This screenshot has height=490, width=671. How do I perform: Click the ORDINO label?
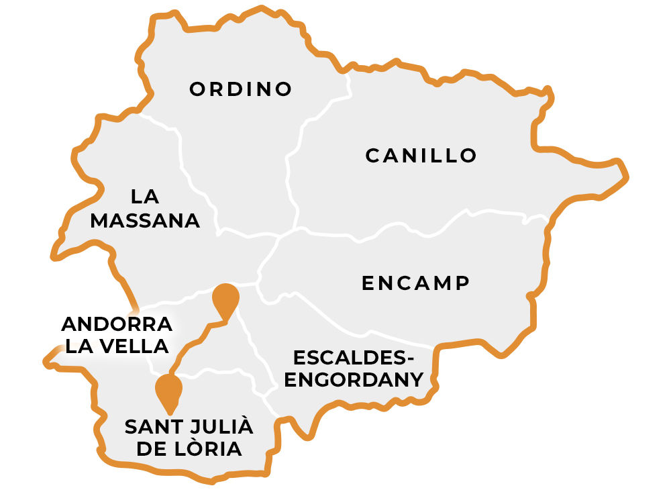[x=241, y=89]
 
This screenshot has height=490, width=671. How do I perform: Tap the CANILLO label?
[x=421, y=156]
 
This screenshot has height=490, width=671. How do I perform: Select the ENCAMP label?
[x=415, y=283]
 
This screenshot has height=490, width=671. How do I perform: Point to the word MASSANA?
[x=145, y=220]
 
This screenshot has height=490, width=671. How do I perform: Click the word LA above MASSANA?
[x=145, y=197]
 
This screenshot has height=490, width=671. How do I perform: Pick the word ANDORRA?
[x=117, y=324]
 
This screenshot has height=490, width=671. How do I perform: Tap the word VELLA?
[x=131, y=346]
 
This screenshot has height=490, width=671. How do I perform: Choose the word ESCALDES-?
[x=354, y=357]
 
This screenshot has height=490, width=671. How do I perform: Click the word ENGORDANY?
[x=354, y=380]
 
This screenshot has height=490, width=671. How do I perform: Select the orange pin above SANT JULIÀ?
[x=168, y=391]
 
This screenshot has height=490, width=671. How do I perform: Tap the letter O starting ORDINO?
[x=197, y=89]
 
